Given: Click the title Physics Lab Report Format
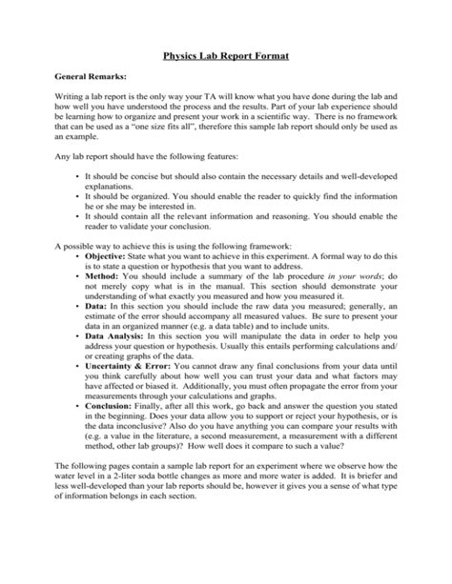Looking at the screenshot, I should pyautogui.click(x=226, y=56).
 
